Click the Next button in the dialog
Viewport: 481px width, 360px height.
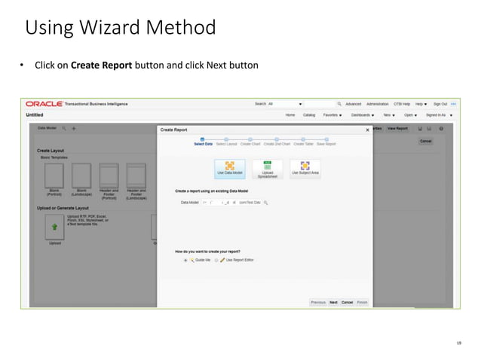click(x=333, y=302)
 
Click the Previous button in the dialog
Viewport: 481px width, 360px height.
click(x=318, y=302)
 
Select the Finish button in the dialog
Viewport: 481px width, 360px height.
click(x=363, y=302)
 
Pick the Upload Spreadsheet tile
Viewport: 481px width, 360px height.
click(x=268, y=169)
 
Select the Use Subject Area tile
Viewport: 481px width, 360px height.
click(x=305, y=169)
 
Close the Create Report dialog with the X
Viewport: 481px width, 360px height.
click(x=368, y=130)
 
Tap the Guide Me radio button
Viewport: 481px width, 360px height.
click(x=185, y=259)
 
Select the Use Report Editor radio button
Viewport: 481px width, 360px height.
click(x=216, y=259)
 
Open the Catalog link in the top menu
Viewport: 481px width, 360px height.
click(x=309, y=115)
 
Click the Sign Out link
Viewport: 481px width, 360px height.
click(x=440, y=104)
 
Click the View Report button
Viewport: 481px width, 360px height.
click(x=397, y=129)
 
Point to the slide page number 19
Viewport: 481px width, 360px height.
click(x=458, y=343)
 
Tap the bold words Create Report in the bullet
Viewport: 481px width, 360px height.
click(x=100, y=66)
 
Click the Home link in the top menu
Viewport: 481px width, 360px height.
click(x=290, y=115)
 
